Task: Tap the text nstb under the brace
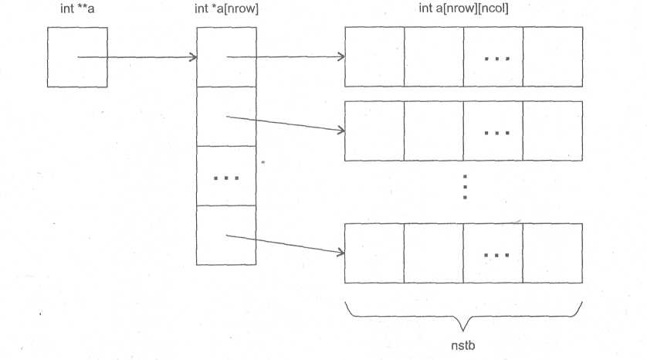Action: [x=463, y=344]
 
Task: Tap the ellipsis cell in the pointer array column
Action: [x=225, y=177]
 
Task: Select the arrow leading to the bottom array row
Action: [x=286, y=245]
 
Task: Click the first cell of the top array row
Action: [x=374, y=57]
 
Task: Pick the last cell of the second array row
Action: [x=553, y=131]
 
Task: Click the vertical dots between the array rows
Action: [x=465, y=187]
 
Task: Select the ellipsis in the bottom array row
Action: [x=493, y=254]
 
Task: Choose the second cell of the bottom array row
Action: [x=433, y=253]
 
